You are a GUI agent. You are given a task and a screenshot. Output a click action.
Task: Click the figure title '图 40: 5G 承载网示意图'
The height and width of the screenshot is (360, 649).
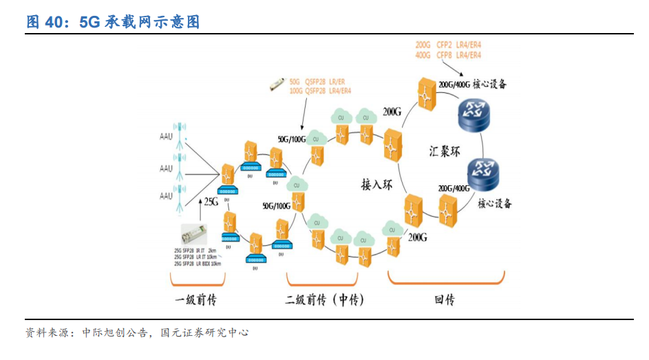click(x=113, y=22)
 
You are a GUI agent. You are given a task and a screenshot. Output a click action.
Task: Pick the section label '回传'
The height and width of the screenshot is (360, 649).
click(x=445, y=300)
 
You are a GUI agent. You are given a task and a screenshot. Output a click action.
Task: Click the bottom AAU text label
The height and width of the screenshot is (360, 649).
click(x=166, y=196)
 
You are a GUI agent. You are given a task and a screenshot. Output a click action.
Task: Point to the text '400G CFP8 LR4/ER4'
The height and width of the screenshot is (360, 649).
click(x=448, y=55)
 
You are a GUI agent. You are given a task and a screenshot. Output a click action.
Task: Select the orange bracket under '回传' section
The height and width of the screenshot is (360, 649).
click(x=446, y=279)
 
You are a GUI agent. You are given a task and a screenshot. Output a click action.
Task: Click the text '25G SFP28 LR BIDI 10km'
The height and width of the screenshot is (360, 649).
click(x=198, y=264)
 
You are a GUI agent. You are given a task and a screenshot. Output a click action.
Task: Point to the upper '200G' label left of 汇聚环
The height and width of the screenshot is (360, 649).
click(x=392, y=111)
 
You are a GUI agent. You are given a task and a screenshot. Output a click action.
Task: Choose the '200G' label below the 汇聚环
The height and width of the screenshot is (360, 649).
click(x=417, y=237)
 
